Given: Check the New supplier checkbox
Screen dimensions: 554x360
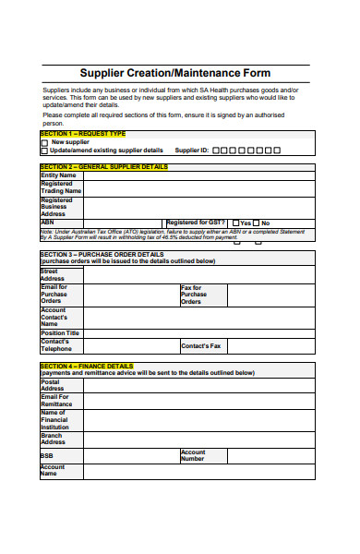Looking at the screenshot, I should point(44,142).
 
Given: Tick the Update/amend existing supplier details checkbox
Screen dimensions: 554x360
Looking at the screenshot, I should point(44,150).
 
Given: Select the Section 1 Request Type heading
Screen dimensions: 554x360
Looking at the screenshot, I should point(82,134).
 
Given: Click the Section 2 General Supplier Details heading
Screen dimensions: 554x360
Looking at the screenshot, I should point(104,167).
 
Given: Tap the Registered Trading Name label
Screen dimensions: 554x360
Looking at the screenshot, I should point(61,187).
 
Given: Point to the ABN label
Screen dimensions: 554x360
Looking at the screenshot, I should point(48,223).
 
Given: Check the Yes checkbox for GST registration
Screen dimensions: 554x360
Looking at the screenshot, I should point(235,223).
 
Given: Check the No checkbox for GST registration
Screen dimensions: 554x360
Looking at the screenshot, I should point(257,223).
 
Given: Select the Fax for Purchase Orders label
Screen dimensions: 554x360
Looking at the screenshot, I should point(195,295).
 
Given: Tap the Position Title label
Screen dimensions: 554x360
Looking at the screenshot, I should point(60,332).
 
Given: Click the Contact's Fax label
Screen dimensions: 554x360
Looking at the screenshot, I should point(201,346).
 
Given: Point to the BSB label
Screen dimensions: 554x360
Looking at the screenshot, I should point(47,456).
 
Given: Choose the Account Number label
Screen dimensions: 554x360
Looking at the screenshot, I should point(193,455).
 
